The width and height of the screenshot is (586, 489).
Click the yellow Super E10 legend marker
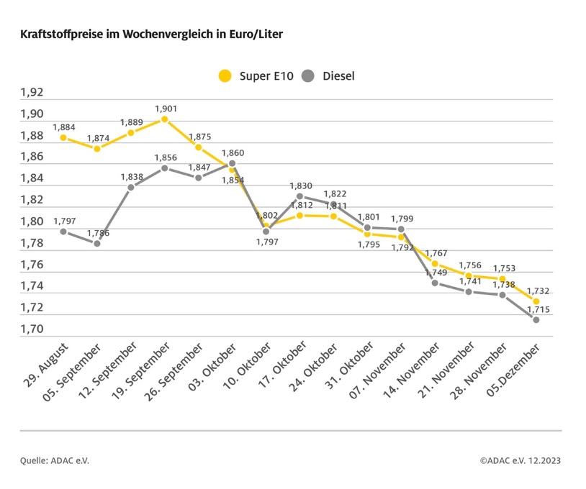(x=225, y=76)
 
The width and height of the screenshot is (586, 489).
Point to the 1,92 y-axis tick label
(x=32, y=93)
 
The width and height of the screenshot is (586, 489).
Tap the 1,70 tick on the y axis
(x=32, y=329)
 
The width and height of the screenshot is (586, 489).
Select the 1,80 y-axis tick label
(x=32, y=221)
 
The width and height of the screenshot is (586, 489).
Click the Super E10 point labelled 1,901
(x=165, y=119)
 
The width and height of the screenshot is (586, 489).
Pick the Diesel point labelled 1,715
(x=536, y=319)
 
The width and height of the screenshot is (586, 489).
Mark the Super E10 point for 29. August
(x=63, y=137)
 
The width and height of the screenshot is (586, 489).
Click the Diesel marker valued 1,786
(x=97, y=243)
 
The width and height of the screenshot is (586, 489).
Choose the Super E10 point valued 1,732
(x=536, y=301)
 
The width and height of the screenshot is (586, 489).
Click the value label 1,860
(x=233, y=153)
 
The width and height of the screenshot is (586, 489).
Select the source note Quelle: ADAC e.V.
(x=54, y=460)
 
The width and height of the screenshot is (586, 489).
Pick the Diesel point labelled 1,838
(x=131, y=187)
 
